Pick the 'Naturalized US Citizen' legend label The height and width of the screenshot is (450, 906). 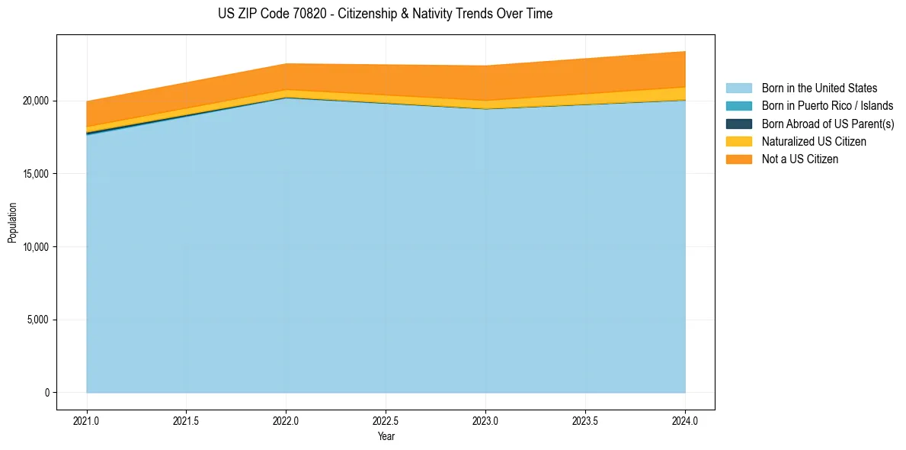tap(814, 142)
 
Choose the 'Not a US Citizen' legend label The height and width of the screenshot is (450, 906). tap(800, 159)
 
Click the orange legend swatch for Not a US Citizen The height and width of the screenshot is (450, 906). tap(738, 159)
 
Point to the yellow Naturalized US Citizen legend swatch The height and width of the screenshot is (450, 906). tap(738, 142)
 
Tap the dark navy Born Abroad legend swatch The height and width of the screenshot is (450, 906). tap(738, 124)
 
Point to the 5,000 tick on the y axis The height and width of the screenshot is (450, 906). tap(37, 320)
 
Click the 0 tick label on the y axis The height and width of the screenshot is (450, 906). tap(46, 393)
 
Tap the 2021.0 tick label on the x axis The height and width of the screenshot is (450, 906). tap(87, 420)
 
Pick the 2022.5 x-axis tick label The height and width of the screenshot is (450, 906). tap(386, 420)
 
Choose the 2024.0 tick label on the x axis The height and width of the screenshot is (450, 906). tap(685, 420)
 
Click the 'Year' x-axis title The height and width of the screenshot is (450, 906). tap(386, 436)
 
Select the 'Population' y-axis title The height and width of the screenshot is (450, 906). tap(12, 223)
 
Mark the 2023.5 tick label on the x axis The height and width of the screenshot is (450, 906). tap(585, 420)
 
